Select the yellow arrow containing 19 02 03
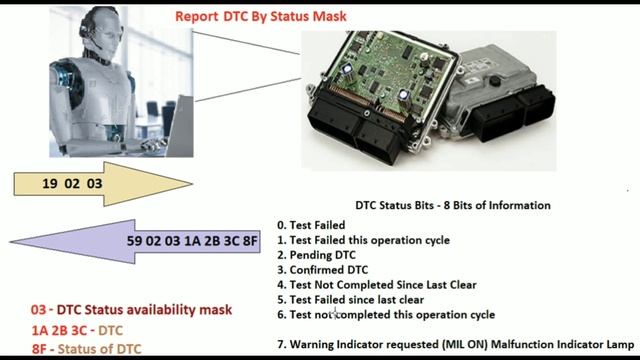click(x=90, y=184)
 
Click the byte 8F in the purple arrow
click(x=249, y=241)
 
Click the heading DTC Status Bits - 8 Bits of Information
click(x=453, y=205)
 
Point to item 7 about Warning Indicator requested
click(x=455, y=344)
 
